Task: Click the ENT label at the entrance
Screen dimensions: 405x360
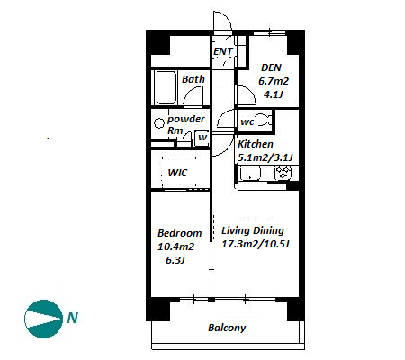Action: pyautogui.click(x=223, y=51)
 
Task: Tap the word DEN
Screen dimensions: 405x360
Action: pyautogui.click(x=271, y=67)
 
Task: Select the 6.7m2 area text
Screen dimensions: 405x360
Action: pyautogui.click(x=274, y=81)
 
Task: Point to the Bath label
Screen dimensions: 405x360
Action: pyautogui.click(x=193, y=79)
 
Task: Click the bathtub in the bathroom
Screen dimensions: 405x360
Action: pyautogui.click(x=166, y=87)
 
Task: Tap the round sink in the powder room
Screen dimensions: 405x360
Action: pyautogui.click(x=158, y=123)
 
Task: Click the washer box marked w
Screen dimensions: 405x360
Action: pyautogui.click(x=202, y=138)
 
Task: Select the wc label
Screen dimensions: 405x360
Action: pyautogui.click(x=247, y=122)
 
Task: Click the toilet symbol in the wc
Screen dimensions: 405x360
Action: pyautogui.click(x=265, y=120)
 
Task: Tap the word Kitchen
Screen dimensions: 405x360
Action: pyautogui.click(x=256, y=144)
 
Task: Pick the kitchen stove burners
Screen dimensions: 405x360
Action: pyautogui.click(x=283, y=174)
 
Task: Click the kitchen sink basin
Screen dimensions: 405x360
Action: pyautogui.click(x=249, y=174)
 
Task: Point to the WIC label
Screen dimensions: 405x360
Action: pyautogui.click(x=177, y=173)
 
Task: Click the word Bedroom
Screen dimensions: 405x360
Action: pyautogui.click(x=179, y=233)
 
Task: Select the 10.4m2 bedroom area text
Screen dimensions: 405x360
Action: pyautogui.click(x=175, y=247)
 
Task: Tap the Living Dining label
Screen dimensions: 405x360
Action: pyautogui.click(x=253, y=230)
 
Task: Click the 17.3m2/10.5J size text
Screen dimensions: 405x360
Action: pyautogui.click(x=255, y=244)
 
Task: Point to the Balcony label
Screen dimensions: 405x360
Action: pyautogui.click(x=227, y=328)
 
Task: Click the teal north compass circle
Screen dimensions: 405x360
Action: pyautogui.click(x=43, y=319)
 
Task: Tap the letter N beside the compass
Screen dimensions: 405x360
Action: pyautogui.click(x=73, y=318)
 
